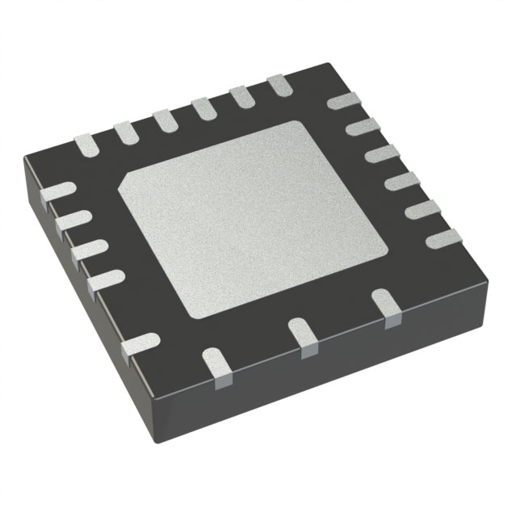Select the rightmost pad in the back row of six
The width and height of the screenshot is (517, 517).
click(x=279, y=83)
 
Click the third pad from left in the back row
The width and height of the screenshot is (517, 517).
click(x=166, y=120)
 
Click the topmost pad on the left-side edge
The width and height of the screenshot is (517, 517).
click(x=57, y=192)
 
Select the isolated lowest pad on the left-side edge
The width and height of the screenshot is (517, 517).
click(x=138, y=343)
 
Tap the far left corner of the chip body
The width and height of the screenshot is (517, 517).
click(x=24, y=158)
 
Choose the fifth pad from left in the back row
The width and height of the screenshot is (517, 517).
click(x=242, y=95)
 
